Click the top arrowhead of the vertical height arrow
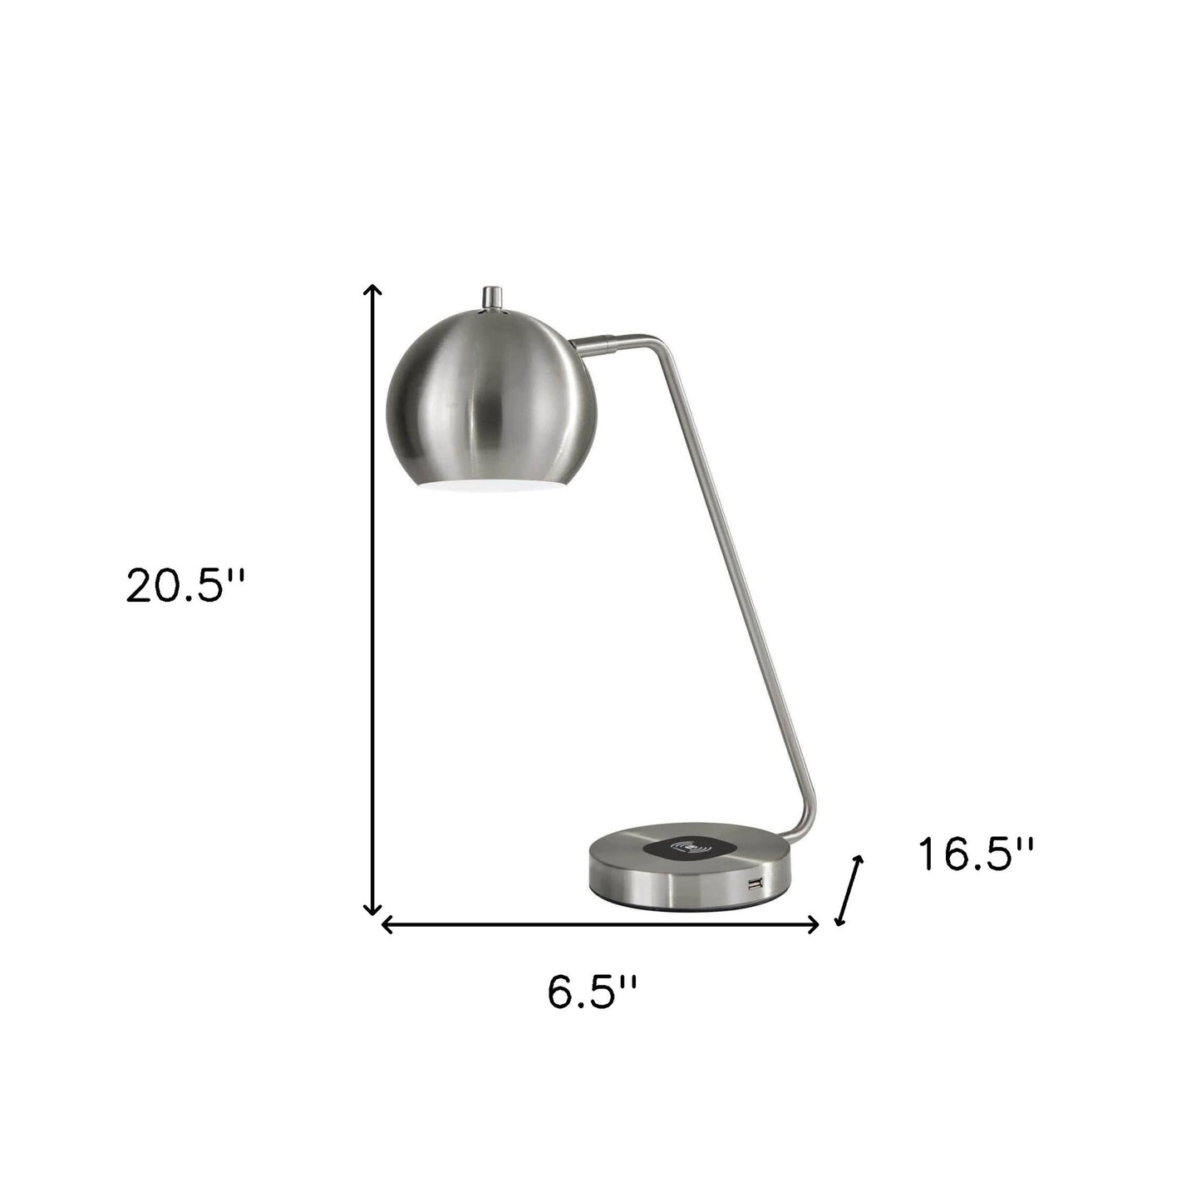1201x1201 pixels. click(x=375, y=290)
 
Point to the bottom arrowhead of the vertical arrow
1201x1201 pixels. click(x=375, y=910)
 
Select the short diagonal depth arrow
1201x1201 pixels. click(x=849, y=889)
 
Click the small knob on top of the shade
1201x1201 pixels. click(x=495, y=296)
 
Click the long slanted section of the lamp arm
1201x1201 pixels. click(x=731, y=582)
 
